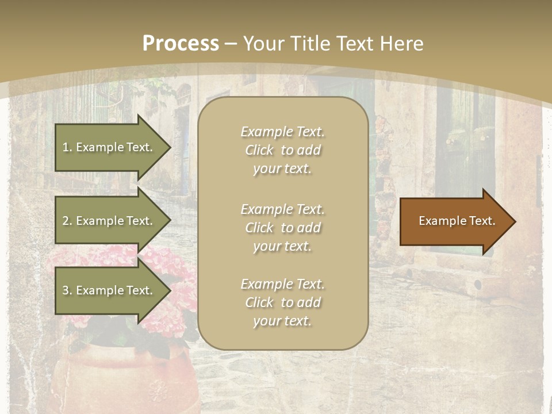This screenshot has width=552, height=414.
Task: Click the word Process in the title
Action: pos(181,44)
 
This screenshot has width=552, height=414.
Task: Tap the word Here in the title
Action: pos(401,44)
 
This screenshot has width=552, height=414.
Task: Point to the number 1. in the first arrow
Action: pos(67,147)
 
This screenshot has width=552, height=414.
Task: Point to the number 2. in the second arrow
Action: pos(67,221)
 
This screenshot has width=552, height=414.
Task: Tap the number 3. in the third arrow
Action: pos(67,290)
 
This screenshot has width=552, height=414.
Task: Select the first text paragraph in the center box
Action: pos(282,150)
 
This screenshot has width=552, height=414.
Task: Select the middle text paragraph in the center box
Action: pos(282,228)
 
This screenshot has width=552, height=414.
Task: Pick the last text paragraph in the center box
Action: pos(282,302)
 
